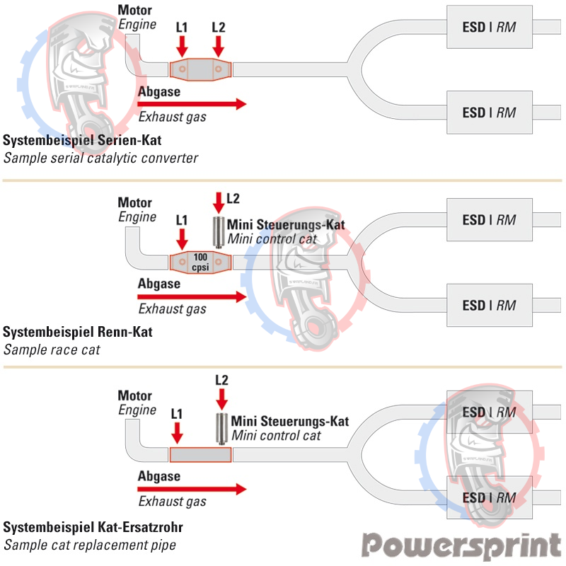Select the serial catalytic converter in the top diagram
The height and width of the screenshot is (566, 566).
(200, 69)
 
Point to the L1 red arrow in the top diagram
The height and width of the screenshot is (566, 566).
(182, 46)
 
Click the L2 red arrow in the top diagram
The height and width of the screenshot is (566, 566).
(219, 46)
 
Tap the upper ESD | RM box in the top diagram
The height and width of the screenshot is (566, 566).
(489, 28)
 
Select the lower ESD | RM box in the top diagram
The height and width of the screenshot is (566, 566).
(489, 112)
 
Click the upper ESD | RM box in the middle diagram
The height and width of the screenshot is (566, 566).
(489, 220)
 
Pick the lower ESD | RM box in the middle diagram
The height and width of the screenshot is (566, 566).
(489, 306)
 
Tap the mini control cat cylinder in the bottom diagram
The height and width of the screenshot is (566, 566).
(221, 426)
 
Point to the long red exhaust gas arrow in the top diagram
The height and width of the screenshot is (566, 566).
(192, 104)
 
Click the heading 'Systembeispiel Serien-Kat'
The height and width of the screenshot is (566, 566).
(82, 140)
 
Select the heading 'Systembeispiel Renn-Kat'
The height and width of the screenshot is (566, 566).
(78, 332)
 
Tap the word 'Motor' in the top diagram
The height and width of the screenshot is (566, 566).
(134, 11)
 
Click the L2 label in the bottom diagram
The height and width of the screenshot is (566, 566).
(221, 380)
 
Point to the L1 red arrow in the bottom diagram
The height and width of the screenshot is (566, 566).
(177, 430)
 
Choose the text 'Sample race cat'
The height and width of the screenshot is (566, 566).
(52, 349)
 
